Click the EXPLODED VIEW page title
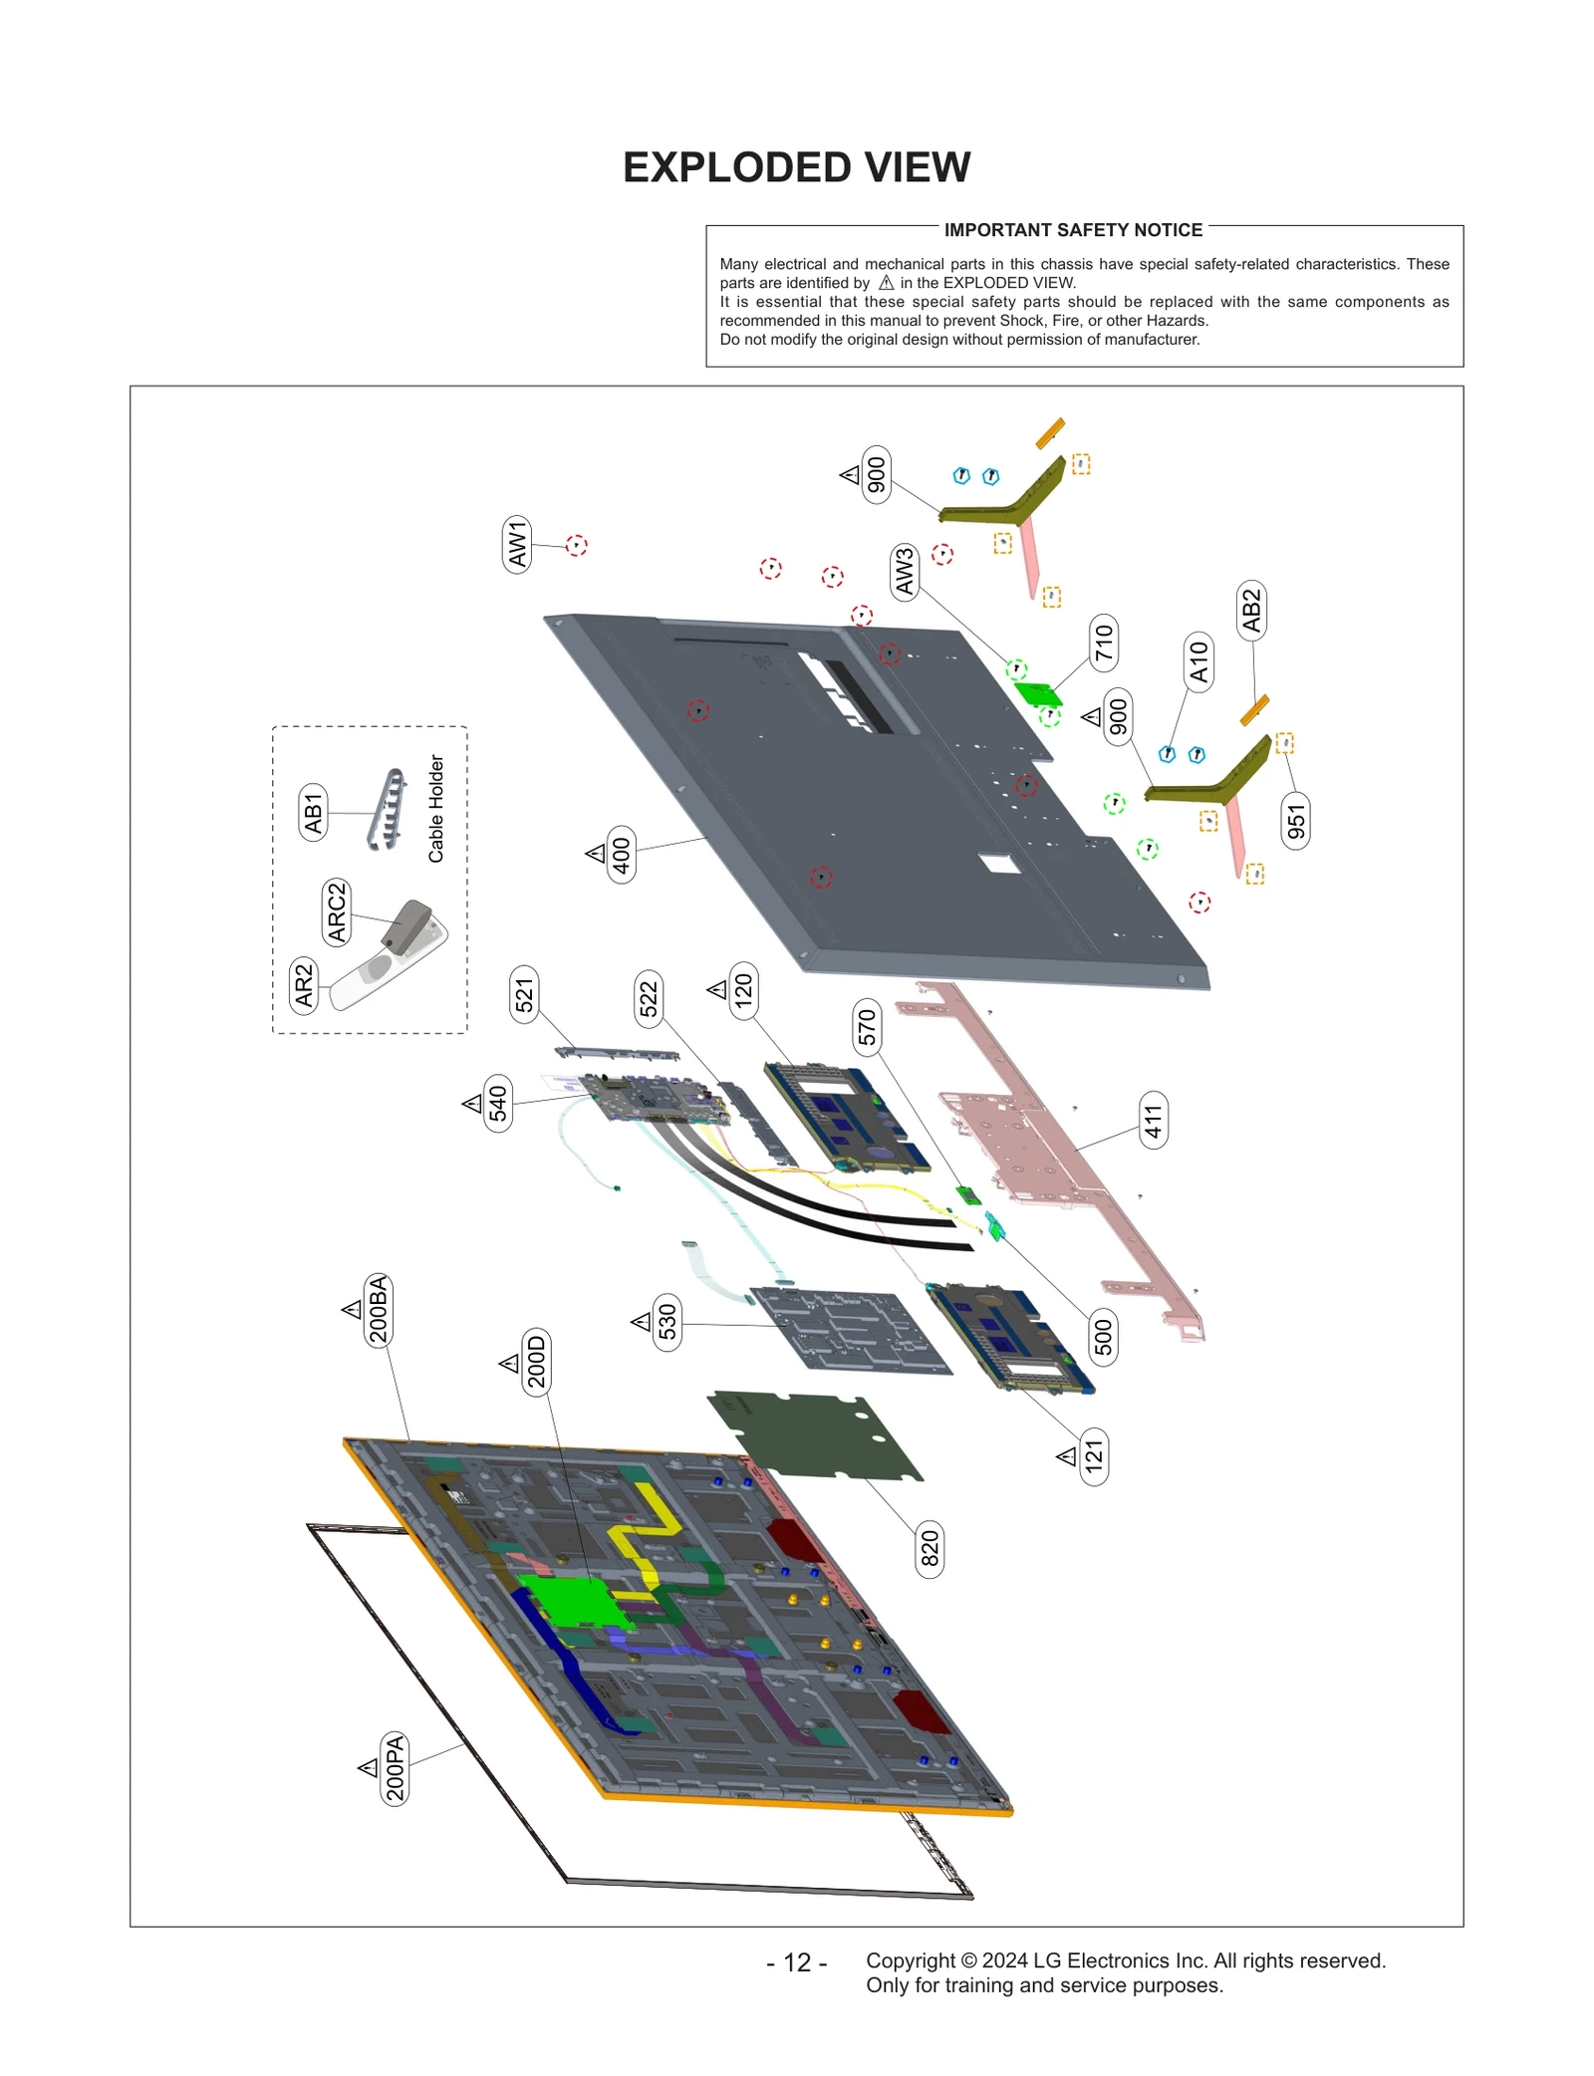tap(796, 167)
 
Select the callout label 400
tap(621, 855)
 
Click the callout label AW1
tap(517, 544)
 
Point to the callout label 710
tap(1103, 643)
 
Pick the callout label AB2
tap(1251, 611)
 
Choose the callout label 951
tap(1295, 822)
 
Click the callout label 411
tap(1153, 1121)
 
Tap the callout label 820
tap(929, 1548)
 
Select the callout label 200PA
tap(395, 1768)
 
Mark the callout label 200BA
tap(378, 1310)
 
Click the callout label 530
tap(666, 1322)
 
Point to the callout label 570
tap(867, 1027)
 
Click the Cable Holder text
tap(436, 808)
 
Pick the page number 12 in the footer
tap(796, 1962)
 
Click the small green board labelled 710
tap(1037, 693)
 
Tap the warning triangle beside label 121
tap(1067, 1456)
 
